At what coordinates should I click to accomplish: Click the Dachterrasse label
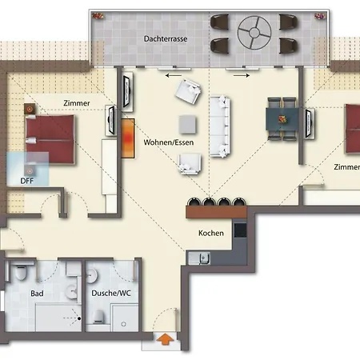pyautogui.click(x=166, y=38)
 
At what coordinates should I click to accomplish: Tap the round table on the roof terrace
pyautogui.click(x=254, y=33)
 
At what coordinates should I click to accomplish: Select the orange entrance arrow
pyautogui.click(x=165, y=339)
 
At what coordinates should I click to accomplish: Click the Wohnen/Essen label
pyautogui.click(x=169, y=142)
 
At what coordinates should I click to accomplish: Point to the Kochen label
pyautogui.click(x=211, y=233)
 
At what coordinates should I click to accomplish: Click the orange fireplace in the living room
pyautogui.click(x=128, y=138)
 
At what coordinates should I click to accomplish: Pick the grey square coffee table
pyautogui.click(x=187, y=124)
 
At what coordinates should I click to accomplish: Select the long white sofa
pyautogui.click(x=220, y=126)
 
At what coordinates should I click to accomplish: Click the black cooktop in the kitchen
pyautogui.click(x=240, y=230)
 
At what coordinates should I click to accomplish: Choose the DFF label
pyautogui.click(x=27, y=181)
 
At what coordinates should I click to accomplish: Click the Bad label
pyautogui.click(x=37, y=294)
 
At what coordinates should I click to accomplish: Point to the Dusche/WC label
pyautogui.click(x=111, y=294)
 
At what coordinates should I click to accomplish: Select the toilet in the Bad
pyautogui.click(x=21, y=272)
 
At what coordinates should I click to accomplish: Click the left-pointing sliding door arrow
pyautogui.click(x=173, y=76)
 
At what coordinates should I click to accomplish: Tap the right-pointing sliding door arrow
pyautogui.click(x=242, y=76)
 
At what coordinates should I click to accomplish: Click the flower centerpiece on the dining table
pyautogui.click(x=282, y=119)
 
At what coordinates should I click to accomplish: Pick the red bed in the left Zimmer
pyautogui.click(x=50, y=139)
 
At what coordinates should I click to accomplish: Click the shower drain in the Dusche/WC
pyautogui.click(x=123, y=324)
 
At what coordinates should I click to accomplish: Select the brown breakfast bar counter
pyautogui.click(x=216, y=211)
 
